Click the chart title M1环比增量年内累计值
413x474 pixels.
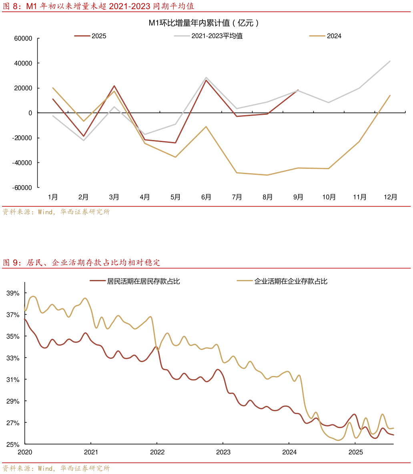pyautogui.click(x=204, y=23)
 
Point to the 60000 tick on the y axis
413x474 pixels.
pyautogui.click(x=23, y=38)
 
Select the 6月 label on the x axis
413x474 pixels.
pyautogui.click(x=206, y=197)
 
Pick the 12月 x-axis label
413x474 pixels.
pyautogui.click(x=390, y=197)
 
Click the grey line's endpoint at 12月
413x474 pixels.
pyautogui.click(x=390, y=61)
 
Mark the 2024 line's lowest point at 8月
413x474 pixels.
pyautogui.click(x=267, y=175)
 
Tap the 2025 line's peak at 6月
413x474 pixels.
pyautogui.click(x=206, y=80)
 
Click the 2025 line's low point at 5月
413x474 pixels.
pyautogui.click(x=175, y=143)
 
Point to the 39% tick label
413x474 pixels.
pyautogui.click(x=13, y=293)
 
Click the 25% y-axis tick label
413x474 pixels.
pyautogui.click(x=13, y=444)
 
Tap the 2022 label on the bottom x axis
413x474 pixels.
pyautogui.click(x=157, y=452)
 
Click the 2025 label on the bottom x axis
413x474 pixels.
pyautogui.click(x=355, y=452)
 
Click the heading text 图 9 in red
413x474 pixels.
pyautogui.click(x=11, y=263)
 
